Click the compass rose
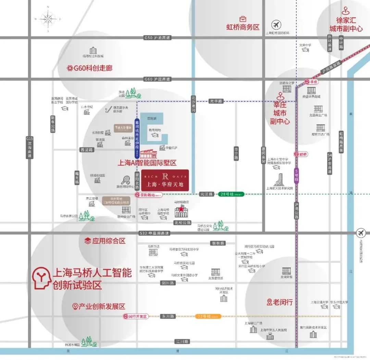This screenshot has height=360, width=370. pos(48,19)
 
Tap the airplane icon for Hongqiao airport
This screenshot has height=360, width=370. pos(276,25)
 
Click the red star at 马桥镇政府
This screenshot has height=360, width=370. pos(181,209)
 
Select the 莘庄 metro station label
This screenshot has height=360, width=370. pos(312,82)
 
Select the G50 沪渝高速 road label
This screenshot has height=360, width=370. pos(158,37)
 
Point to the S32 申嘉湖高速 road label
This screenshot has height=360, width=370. pos(155,233)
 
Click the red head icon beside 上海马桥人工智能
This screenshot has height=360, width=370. pos(41,277)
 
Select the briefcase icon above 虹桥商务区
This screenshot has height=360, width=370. pos(243,19)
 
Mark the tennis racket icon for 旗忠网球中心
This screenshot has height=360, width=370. pos(125,180)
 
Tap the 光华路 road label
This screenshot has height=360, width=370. pos(216,101)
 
